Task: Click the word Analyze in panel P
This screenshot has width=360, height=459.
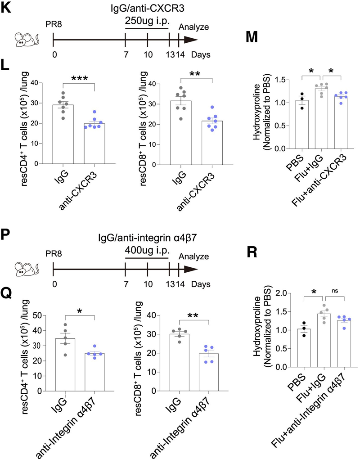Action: [194, 257]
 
